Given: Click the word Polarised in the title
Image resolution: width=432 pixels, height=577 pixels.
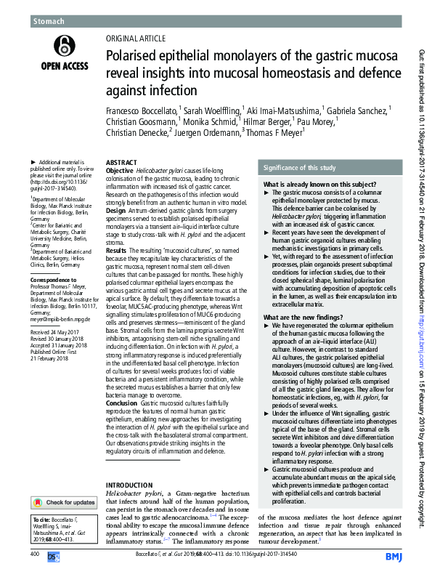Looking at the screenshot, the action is click(x=135, y=55).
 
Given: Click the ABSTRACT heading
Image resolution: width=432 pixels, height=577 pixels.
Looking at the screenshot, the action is click(x=121, y=164).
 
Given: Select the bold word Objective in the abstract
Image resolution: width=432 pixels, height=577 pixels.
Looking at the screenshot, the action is click(x=120, y=171).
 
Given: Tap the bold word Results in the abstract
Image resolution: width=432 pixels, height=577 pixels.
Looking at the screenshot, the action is click(x=118, y=249).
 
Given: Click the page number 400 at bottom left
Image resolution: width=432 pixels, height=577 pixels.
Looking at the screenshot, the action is click(x=35, y=554).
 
